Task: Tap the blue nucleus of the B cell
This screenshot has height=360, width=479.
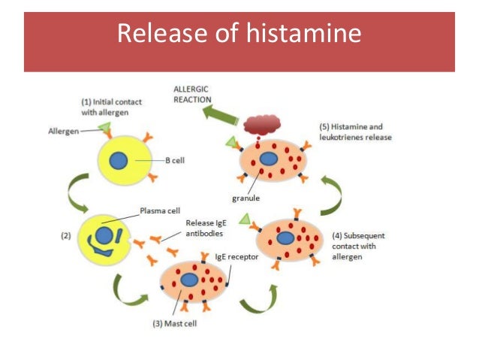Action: pyautogui.click(x=118, y=160)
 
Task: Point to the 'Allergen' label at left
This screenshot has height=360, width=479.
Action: pyautogui.click(x=58, y=130)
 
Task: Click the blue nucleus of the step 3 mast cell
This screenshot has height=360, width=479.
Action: pyautogui.click(x=191, y=281)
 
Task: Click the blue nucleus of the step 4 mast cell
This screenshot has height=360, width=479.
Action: pyautogui.click(x=286, y=237)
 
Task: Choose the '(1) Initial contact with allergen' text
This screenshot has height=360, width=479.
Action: pyautogui.click(x=107, y=107)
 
